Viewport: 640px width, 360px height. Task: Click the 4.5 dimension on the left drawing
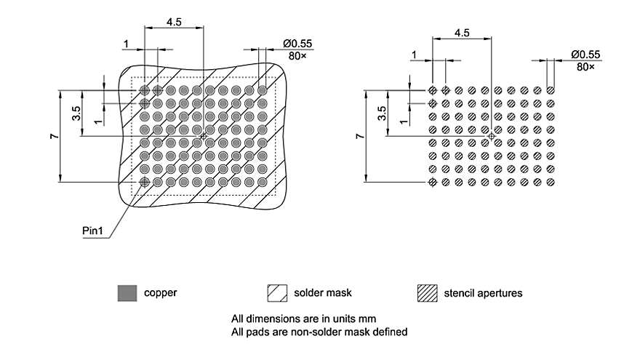pyautogui.click(x=174, y=22)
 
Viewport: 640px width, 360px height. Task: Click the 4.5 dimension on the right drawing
pyautogui.click(x=462, y=33)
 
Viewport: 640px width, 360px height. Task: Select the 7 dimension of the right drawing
pyautogui.click(x=359, y=136)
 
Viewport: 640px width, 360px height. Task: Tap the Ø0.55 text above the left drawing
pyautogui.click(x=298, y=44)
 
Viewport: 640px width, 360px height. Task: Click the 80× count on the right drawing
pyautogui.click(x=585, y=66)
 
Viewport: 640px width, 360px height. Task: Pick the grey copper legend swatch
pyautogui.click(x=127, y=293)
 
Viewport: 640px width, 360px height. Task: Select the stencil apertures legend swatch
pyautogui.click(x=427, y=293)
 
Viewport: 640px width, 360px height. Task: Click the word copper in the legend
pyautogui.click(x=161, y=293)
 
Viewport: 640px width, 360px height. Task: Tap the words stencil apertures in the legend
pyautogui.click(x=483, y=293)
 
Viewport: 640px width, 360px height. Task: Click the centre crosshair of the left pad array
pyautogui.click(x=203, y=136)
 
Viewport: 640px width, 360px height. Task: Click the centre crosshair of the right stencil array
pyautogui.click(x=492, y=136)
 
